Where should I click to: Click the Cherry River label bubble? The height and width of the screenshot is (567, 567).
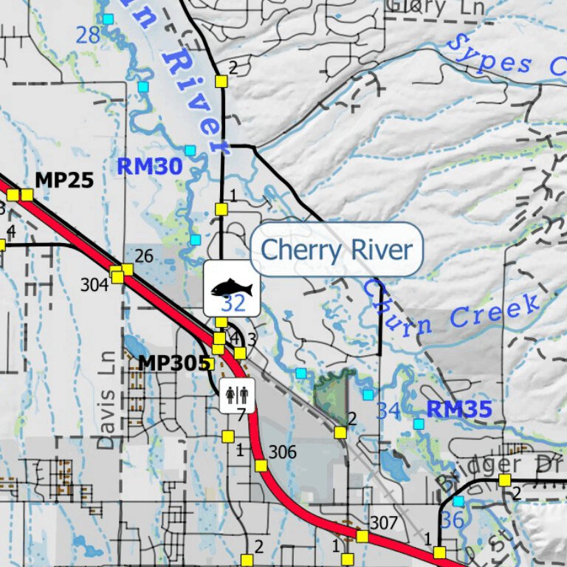coord(336,250)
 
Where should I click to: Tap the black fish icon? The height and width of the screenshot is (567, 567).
coord(232,287)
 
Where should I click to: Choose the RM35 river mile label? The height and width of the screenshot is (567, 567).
coord(458,408)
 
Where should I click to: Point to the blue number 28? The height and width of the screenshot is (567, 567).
coord(88,34)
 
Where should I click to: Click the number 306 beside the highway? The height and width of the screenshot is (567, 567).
coord(282,452)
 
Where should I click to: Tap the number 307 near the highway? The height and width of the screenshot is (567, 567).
coord(384,523)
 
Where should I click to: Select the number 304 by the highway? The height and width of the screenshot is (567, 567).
coord(94,285)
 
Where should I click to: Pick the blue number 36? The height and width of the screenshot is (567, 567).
coord(452,519)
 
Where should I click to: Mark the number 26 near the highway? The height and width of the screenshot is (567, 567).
coord(144,256)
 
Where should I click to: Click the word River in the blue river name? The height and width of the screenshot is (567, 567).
coord(197,96)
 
